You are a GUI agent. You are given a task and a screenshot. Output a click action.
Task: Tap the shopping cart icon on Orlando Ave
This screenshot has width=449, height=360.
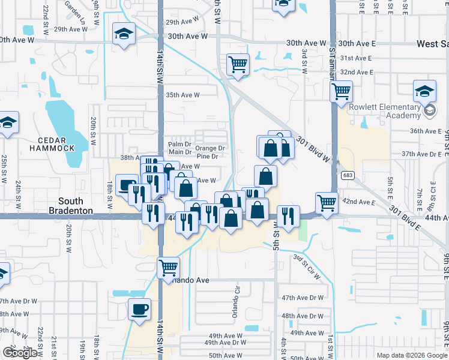coord(168,267)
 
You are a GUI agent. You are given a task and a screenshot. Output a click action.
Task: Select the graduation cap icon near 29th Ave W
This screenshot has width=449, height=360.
coord(124,34)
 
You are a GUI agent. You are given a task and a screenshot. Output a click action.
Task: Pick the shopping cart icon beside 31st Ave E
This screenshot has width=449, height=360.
coord(238,64)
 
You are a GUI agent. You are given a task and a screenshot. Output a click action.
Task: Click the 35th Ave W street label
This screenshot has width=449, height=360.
coord(182,95)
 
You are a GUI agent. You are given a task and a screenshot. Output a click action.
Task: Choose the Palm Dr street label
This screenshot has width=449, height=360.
coord(179,145)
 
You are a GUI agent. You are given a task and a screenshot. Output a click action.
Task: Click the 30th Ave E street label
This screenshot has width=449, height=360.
coord(356,43)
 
